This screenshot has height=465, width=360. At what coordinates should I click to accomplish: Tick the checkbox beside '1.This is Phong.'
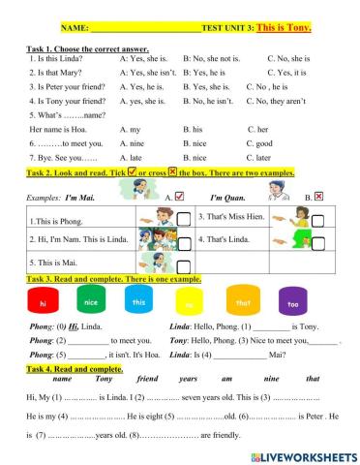pos(184,220)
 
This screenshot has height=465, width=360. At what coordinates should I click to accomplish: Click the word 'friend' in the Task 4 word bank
pos(148,379)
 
